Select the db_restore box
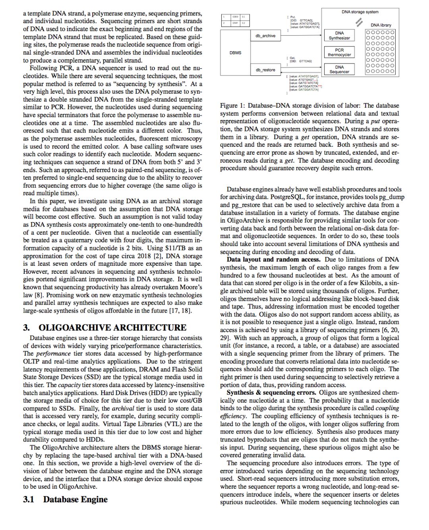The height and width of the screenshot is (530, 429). tap(265, 70)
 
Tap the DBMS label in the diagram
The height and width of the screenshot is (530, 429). tap(235, 53)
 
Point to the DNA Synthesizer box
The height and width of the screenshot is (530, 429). tap(339, 36)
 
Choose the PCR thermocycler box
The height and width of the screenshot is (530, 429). tap(339, 52)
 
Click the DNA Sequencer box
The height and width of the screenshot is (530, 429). tap(339, 69)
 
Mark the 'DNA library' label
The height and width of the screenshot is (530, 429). tap(381, 25)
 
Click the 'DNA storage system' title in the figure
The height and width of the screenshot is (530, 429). tap(360, 12)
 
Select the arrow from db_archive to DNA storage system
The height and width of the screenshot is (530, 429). tap(302, 35)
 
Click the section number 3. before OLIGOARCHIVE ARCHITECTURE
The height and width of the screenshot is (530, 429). tap(27, 327)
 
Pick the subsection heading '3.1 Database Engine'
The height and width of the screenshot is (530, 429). tap(65, 499)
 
